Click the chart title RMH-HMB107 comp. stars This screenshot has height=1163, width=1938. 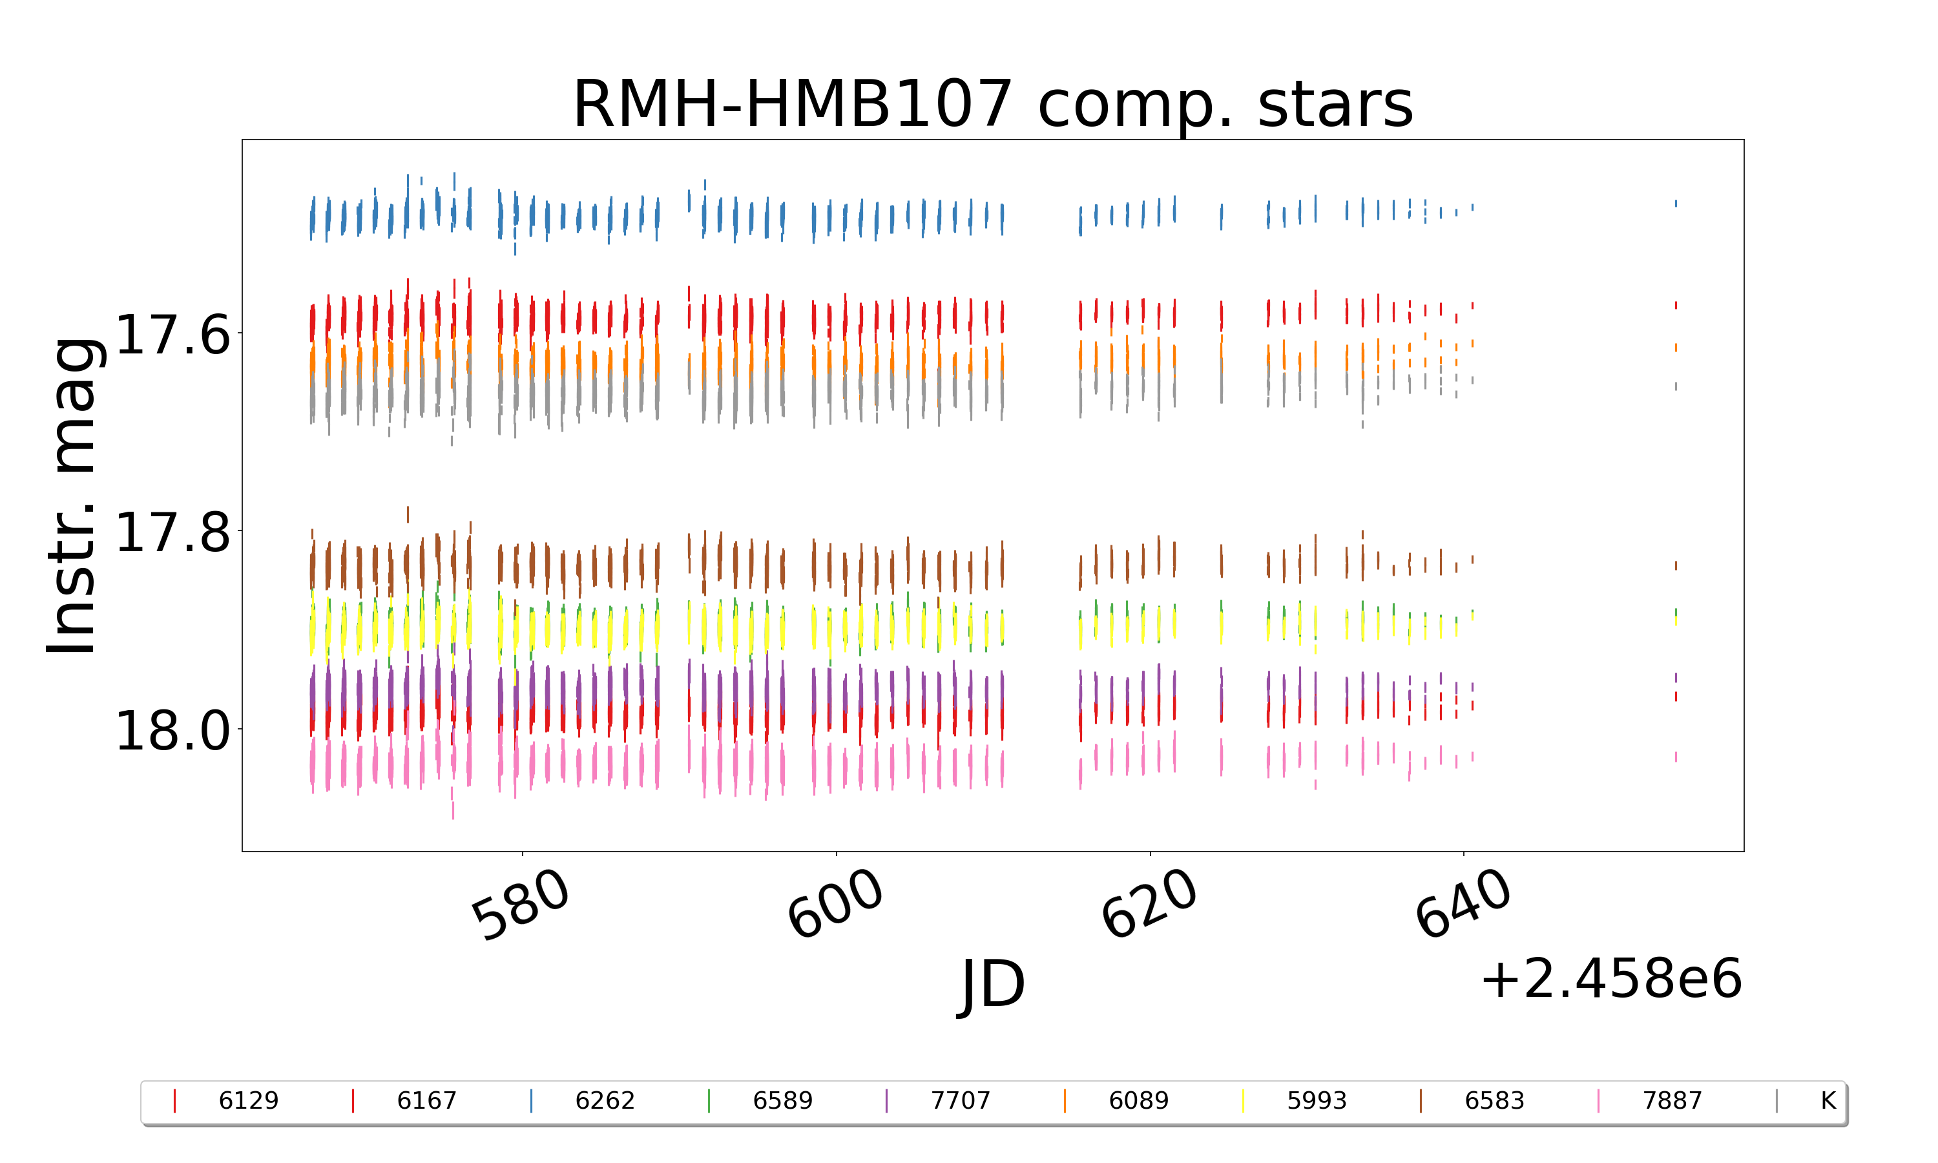coord(992,104)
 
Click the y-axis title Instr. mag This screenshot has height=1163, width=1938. coord(72,496)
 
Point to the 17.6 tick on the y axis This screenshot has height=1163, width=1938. coord(173,335)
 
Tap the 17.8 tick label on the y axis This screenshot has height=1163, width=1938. coord(173,532)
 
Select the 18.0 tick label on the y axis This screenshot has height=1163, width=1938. coord(173,731)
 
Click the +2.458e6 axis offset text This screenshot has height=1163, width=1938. coord(1610,979)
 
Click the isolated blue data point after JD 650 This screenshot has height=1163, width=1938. coord(1676,204)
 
